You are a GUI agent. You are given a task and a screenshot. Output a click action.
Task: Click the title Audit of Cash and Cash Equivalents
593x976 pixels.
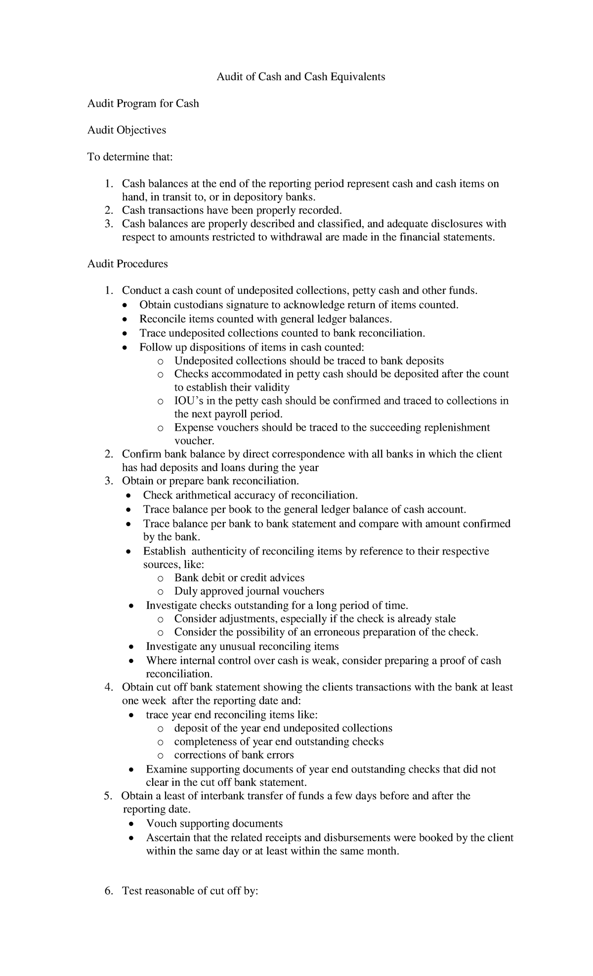tap(300, 77)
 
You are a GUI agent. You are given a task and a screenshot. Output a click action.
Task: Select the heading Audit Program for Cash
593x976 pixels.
tap(143, 104)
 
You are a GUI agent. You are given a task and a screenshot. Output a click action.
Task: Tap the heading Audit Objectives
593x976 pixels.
tap(127, 130)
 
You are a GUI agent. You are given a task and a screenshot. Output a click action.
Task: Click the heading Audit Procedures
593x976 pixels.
tap(127, 264)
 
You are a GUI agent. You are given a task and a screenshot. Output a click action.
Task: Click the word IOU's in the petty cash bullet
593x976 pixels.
tap(187, 401)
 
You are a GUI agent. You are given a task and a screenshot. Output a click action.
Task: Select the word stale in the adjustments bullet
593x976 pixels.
tap(443, 619)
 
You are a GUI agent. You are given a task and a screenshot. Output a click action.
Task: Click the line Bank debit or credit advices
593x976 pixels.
tap(239, 578)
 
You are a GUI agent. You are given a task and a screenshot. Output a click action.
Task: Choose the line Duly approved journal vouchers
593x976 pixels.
tap(249, 591)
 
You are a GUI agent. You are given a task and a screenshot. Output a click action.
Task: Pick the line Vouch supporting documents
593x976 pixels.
tap(214, 823)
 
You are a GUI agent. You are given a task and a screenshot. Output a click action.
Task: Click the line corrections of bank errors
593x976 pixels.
tap(234, 755)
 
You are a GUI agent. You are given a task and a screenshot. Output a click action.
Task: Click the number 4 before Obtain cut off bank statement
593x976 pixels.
tap(108, 688)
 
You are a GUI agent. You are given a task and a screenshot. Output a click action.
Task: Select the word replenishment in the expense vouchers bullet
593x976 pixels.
tap(458, 427)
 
